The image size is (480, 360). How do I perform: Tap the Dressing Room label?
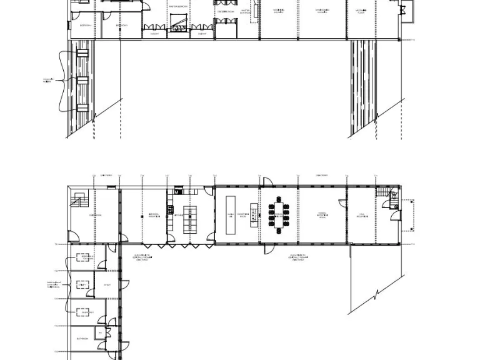click(x=226, y=11)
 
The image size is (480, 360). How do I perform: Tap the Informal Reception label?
click(x=152, y=214)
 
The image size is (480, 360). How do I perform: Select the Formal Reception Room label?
click(x=321, y=214)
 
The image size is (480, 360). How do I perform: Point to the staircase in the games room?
click(x=79, y=201)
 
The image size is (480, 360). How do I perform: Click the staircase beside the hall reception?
click(x=384, y=195)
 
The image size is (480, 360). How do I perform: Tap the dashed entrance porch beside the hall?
click(x=407, y=215)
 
